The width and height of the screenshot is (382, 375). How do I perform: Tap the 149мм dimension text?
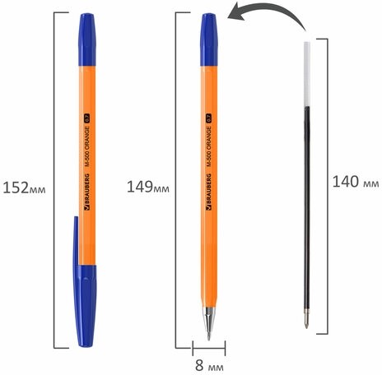click(147, 187)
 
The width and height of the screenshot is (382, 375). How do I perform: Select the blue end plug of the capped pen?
click(89, 36)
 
